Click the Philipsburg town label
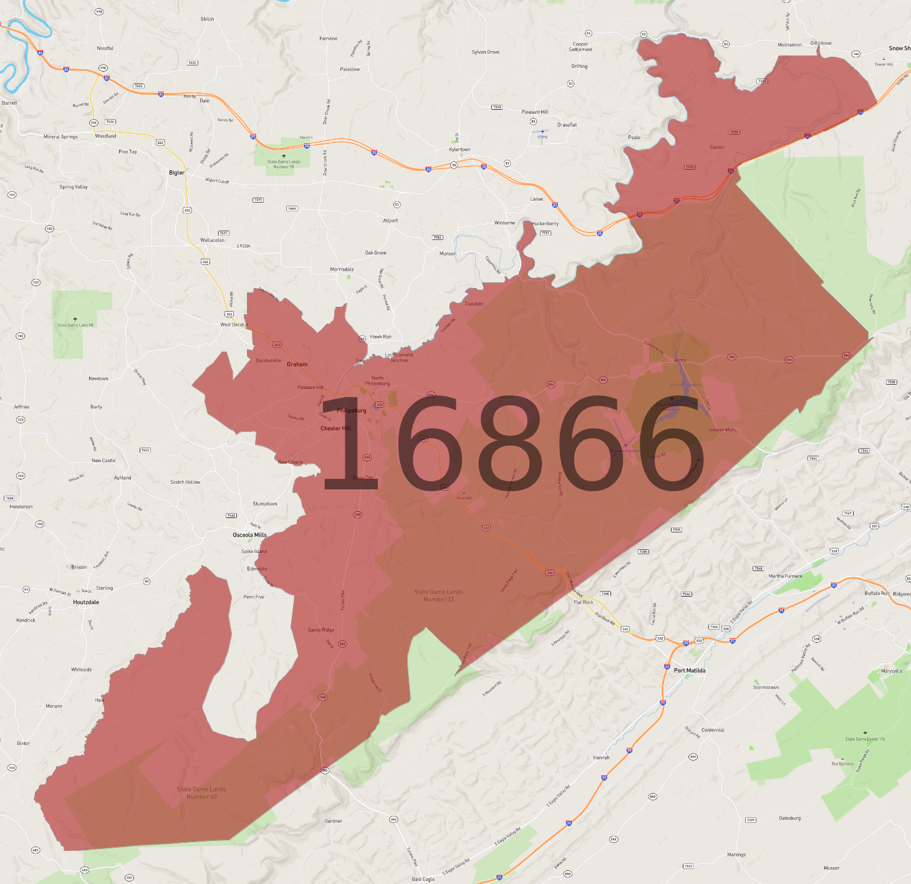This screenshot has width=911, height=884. [x=352, y=410]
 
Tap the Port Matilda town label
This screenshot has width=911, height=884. [x=690, y=671]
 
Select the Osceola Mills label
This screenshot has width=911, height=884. [x=249, y=535]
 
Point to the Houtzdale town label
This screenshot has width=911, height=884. [x=86, y=602]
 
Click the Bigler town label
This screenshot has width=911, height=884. [x=176, y=173]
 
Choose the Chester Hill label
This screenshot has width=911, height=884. [x=335, y=428]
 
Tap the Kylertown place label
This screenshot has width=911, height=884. [x=460, y=150]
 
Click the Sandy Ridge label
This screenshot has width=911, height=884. [x=321, y=630]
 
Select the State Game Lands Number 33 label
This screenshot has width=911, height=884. [x=438, y=595]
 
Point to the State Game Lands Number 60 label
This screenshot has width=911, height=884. [x=201, y=793]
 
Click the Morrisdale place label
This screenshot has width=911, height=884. [x=342, y=269]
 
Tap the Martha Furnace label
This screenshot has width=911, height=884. [x=785, y=576]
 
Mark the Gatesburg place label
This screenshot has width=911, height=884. [x=789, y=818]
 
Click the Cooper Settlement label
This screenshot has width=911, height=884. [x=580, y=47]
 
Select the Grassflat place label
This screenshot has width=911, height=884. [x=567, y=125]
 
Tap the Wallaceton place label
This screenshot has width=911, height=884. [x=212, y=240]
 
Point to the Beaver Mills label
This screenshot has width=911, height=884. [x=722, y=430]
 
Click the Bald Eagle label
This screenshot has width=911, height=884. [x=423, y=879]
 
